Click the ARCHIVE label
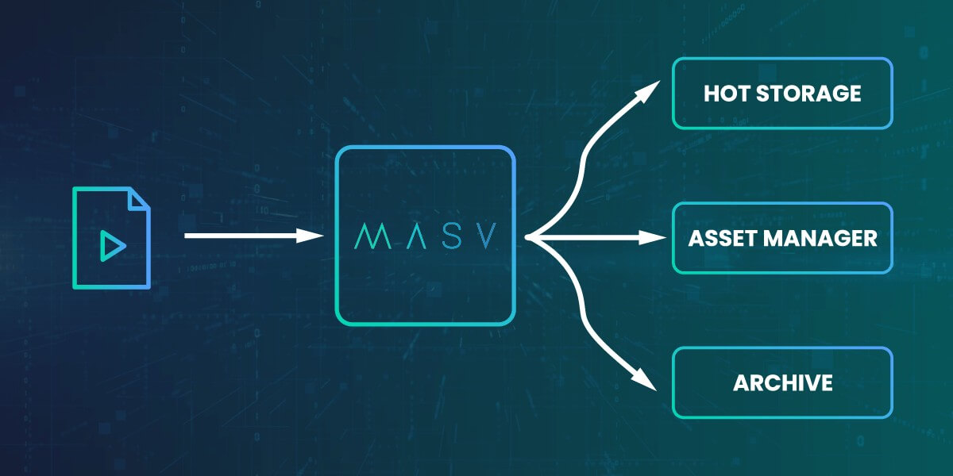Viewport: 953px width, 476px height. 782,383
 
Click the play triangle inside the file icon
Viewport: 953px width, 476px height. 112,248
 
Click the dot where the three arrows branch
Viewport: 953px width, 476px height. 528,236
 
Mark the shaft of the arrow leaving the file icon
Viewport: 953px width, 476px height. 238,236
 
